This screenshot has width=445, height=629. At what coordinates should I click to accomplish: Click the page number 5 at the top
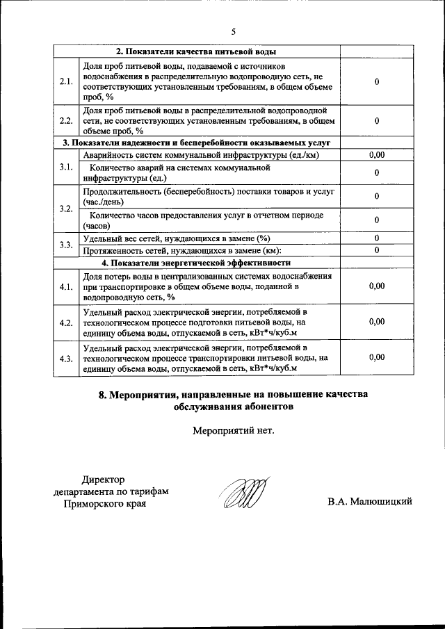click(234, 31)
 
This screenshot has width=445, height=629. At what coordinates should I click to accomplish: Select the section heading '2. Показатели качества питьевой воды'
click(196, 52)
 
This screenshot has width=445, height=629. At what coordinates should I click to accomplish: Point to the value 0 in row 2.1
click(376, 82)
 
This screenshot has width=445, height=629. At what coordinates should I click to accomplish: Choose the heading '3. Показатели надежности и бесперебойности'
click(196, 143)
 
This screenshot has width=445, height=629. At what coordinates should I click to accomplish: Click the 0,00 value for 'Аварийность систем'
click(376, 155)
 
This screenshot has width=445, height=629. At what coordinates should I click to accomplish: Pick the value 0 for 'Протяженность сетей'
click(376, 250)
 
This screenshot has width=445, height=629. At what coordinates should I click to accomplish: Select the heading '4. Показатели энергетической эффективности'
click(196, 263)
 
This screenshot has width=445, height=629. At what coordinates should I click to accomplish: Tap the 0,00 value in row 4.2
click(376, 321)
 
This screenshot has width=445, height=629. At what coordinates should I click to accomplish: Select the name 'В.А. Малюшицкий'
click(371, 501)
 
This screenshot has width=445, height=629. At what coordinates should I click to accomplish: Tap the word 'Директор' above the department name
click(103, 480)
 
